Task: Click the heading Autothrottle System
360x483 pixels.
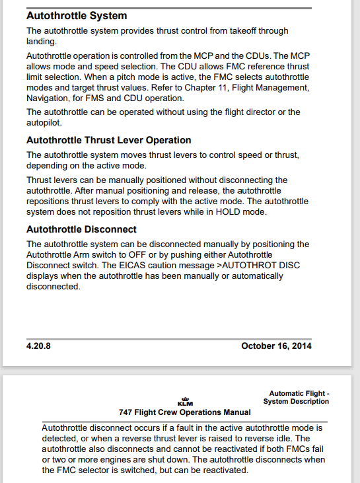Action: (77, 15)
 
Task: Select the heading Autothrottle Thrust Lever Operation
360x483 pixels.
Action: (108, 140)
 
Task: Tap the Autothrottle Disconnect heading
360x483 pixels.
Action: (81, 229)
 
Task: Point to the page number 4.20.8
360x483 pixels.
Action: (39, 346)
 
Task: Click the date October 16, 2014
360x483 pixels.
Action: (276, 346)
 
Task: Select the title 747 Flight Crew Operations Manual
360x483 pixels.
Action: (184, 412)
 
